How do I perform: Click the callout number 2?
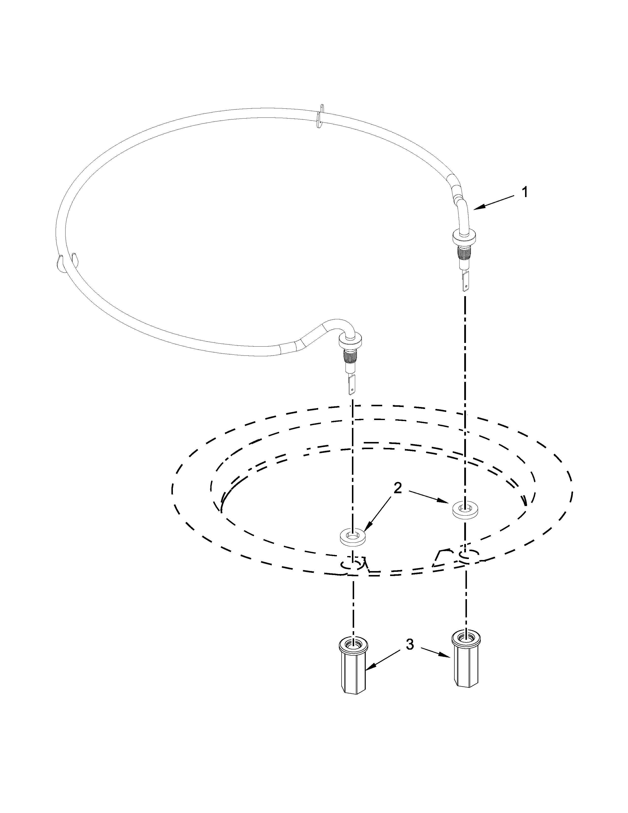(398, 488)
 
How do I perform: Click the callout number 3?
(409, 645)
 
